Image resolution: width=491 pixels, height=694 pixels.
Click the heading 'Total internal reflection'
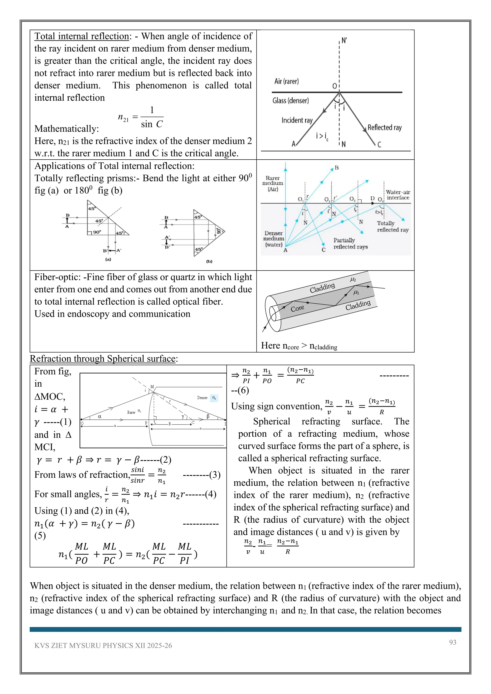coord(82,36)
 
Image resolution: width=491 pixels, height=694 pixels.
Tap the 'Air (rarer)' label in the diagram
coord(286,81)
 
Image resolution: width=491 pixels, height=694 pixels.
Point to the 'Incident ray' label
coord(297,120)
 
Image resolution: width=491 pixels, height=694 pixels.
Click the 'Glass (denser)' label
coord(291,101)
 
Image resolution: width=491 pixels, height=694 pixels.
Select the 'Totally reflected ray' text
coord(392,226)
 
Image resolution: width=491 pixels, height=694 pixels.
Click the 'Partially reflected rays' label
coord(351,243)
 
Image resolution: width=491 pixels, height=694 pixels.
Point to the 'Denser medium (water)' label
coord(274,239)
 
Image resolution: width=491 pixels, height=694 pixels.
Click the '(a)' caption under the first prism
coord(108,259)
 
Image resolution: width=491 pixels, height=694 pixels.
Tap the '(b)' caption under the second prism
coord(209,261)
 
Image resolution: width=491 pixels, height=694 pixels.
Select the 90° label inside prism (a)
coord(97,232)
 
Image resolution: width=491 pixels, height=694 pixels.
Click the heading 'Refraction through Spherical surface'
coord(103,359)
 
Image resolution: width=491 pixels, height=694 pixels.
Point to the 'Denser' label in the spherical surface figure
coord(202,398)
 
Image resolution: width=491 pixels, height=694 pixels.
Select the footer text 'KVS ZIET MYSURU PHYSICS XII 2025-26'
coord(103,646)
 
